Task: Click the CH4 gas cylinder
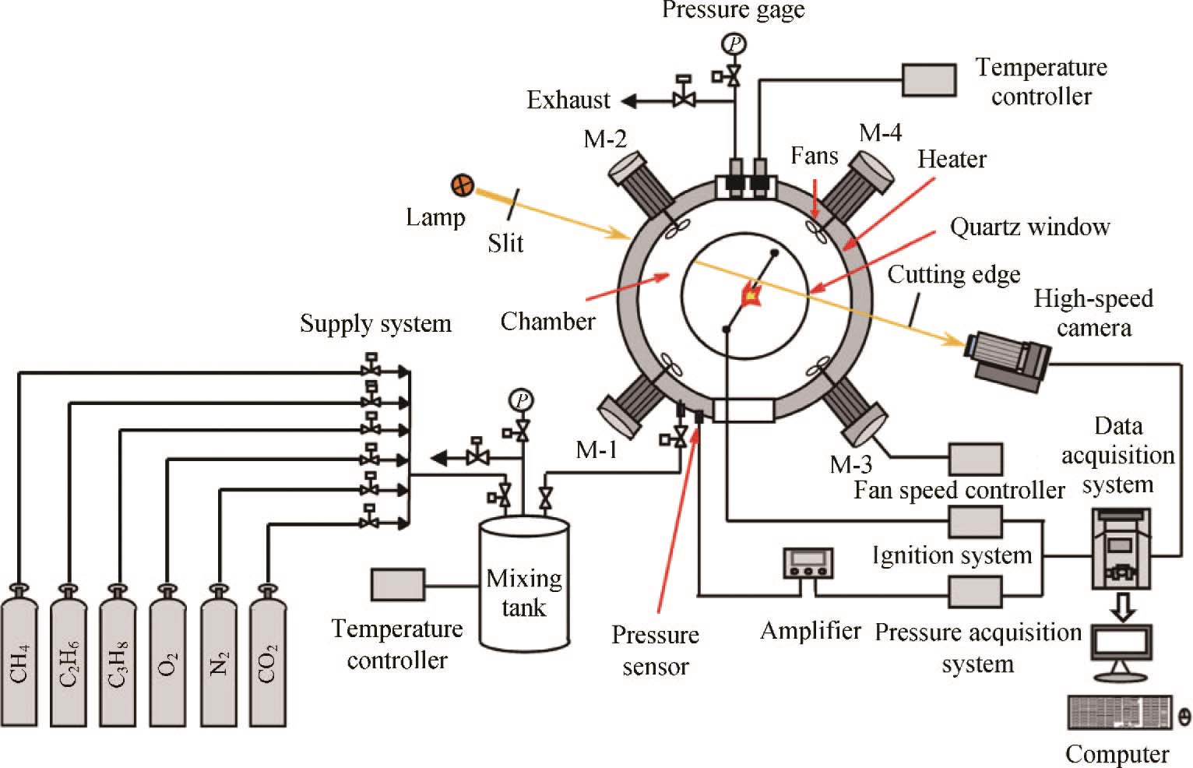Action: coord(19,658)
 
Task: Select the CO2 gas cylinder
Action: coord(267,658)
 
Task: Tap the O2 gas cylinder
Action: coord(168,658)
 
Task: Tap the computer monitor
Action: coord(1121,646)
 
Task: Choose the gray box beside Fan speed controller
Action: coord(975,460)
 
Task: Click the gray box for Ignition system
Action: coord(975,522)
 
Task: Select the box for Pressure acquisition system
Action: coord(975,591)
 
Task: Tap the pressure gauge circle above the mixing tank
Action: coord(521,401)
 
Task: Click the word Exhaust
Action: coord(568,100)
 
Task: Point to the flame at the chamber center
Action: coord(751,296)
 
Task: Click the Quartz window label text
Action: coord(1029,227)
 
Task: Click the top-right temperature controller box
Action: coord(929,80)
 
